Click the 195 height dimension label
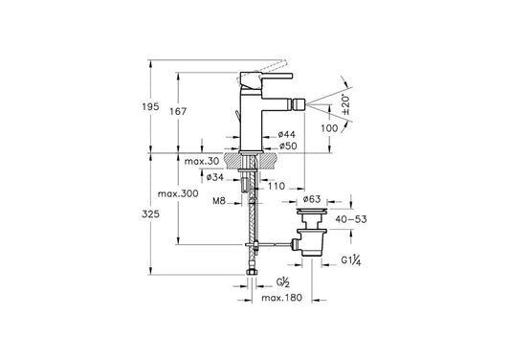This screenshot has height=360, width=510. (150, 106)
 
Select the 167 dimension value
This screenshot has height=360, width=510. (178, 111)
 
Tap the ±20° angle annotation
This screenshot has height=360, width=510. (345, 104)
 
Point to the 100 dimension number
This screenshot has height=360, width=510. (329, 128)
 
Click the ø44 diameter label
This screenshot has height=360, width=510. (286, 134)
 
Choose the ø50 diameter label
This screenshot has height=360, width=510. (287, 146)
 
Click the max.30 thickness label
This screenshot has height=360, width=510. (202, 161)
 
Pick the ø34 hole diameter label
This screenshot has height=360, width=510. (215, 177)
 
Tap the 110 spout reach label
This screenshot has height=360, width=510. (277, 186)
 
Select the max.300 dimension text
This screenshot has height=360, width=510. (178, 193)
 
